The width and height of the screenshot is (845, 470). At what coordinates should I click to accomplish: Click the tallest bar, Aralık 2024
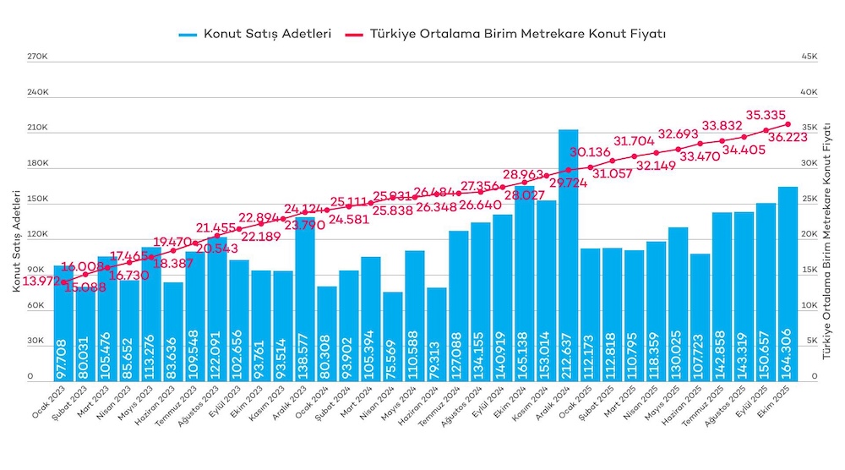[x=568, y=254]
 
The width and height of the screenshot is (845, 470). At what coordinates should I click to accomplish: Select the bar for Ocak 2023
[x=64, y=321]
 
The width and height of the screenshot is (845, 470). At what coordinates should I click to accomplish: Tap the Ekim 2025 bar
[x=788, y=283]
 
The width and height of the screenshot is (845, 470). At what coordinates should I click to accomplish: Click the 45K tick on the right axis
[x=809, y=57]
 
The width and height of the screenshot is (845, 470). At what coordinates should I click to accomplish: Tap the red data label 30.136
[x=590, y=152]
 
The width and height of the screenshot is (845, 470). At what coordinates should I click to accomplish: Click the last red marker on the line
[x=788, y=124]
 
